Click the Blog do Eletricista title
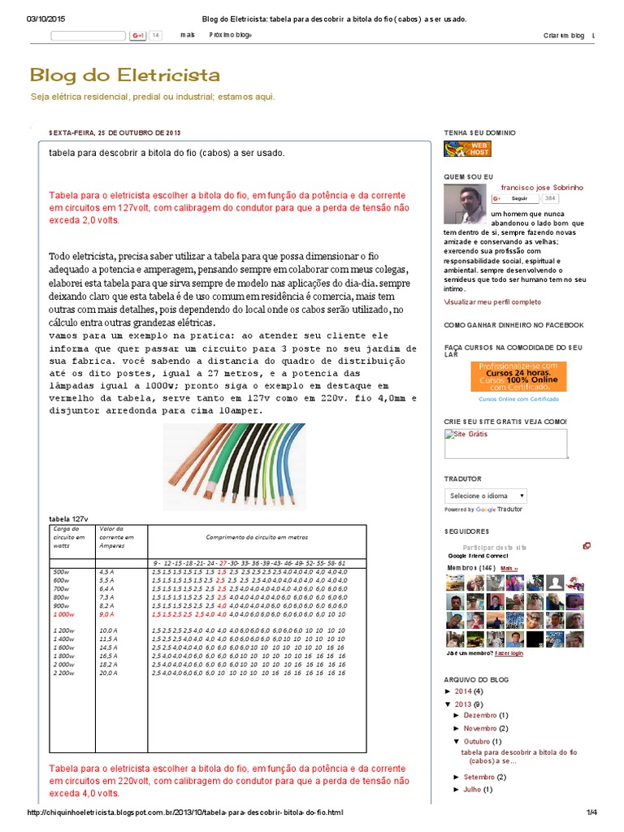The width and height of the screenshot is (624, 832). point(124,76)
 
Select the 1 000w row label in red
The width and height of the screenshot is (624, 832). point(63,615)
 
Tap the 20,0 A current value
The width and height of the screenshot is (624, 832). point(109,673)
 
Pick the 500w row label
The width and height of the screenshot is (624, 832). point(60,573)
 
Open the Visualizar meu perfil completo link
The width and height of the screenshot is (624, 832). point(492,301)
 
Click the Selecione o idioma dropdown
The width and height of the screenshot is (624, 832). point(486,496)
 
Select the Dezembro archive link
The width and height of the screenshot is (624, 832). point(479,715)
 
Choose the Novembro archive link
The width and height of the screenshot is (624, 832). point(479,728)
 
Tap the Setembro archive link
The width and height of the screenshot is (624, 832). point(479,777)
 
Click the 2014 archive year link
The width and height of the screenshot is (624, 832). point(474,691)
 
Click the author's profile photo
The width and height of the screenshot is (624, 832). point(465,204)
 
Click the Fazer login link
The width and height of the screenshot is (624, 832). point(509,652)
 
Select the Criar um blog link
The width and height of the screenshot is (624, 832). point(564,36)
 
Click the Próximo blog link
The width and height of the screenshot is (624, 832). point(230,36)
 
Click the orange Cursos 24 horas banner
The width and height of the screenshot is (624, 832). point(518,376)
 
